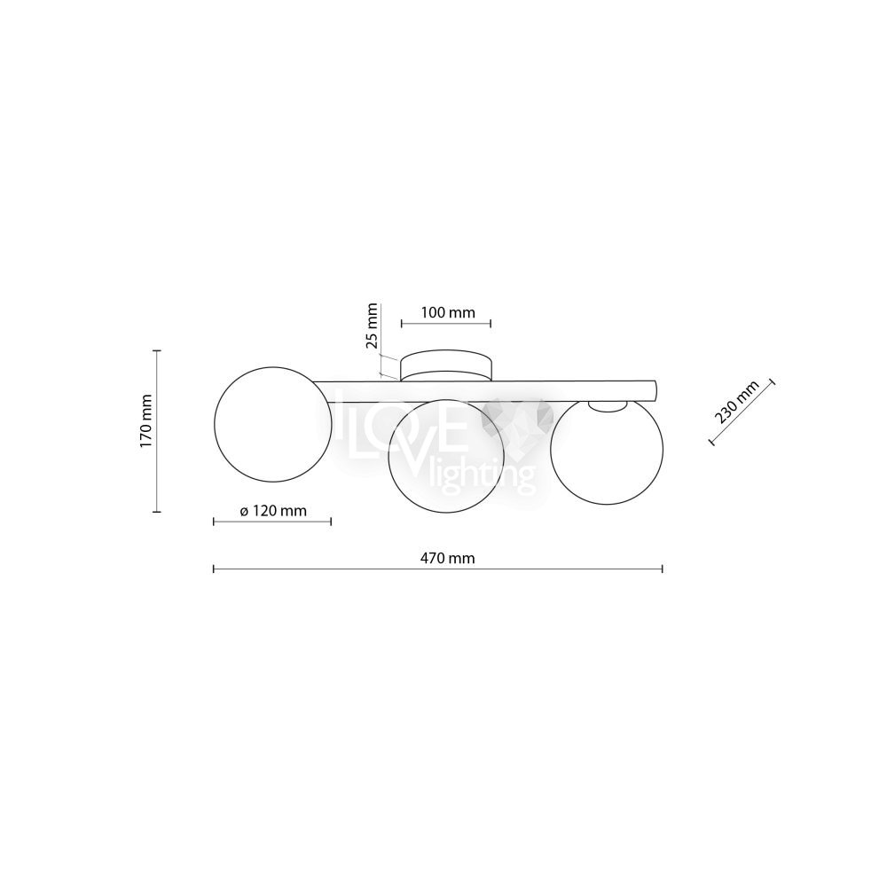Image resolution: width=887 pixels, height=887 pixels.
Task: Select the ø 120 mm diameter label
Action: point(273,511)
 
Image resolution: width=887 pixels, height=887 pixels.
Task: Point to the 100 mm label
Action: point(448,312)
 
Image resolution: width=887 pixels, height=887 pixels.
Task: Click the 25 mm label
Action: point(372,326)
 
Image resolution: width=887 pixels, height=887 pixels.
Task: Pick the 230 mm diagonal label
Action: point(736,402)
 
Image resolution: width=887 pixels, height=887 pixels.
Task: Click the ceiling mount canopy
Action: point(446,365)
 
